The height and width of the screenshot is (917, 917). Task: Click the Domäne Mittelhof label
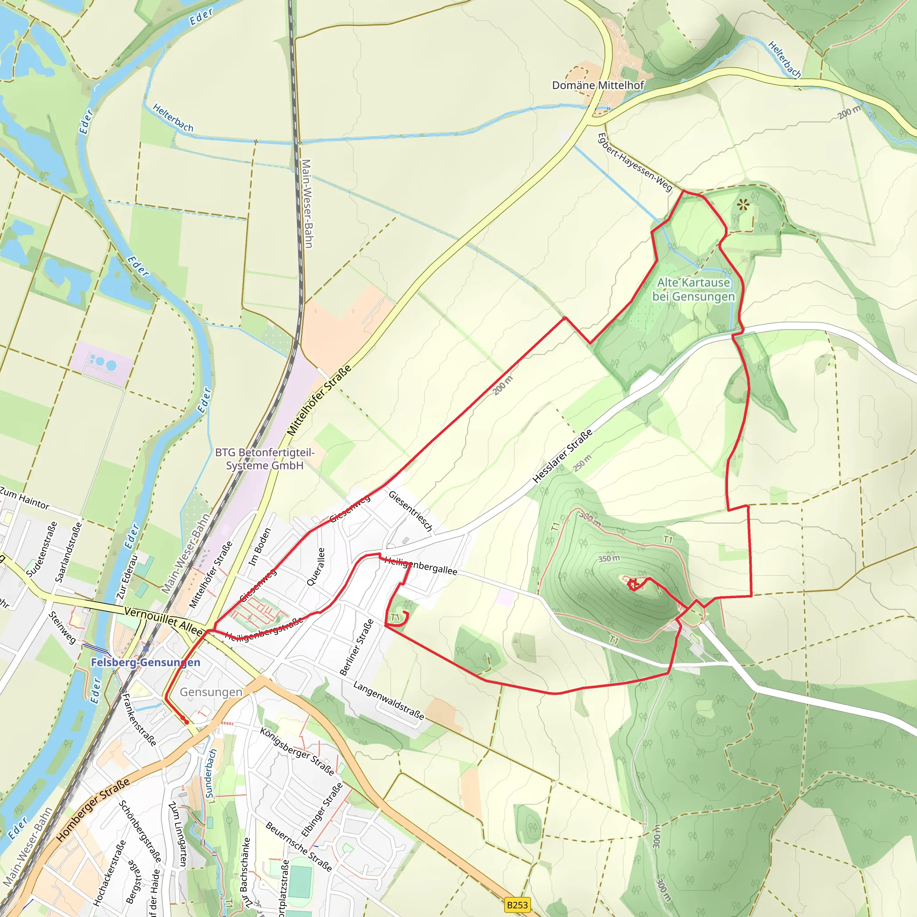598,86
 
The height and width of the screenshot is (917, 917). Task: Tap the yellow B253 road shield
517,904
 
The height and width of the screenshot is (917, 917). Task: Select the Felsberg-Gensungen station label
145,662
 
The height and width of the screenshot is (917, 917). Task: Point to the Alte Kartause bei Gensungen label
694,290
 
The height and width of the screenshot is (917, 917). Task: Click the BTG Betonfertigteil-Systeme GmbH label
264,459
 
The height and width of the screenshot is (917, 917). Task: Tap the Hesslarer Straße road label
562,456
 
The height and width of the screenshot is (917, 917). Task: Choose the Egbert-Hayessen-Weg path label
634,163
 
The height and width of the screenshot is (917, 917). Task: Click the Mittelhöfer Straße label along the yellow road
319,400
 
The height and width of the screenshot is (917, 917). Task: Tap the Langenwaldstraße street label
388,701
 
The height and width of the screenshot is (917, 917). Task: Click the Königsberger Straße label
297,751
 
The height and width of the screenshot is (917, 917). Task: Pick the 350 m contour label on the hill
608,559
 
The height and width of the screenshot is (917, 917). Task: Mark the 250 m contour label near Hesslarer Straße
583,463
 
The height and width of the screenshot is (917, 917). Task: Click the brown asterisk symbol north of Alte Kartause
743,205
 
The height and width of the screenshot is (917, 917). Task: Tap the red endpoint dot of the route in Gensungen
187,722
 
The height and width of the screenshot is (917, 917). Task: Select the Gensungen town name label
211,692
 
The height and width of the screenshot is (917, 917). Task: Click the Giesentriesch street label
411,511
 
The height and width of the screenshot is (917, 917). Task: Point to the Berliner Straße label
356,647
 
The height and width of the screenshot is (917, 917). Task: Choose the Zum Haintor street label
25,498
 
